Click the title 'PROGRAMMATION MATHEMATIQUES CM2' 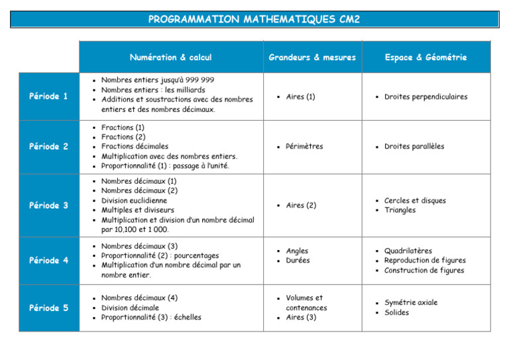click(x=254, y=19)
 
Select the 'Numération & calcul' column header click(x=171, y=58)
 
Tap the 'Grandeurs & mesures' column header click(x=312, y=58)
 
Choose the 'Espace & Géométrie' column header click(x=425, y=58)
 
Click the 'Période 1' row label click(x=48, y=96)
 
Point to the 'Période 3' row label click(x=48, y=206)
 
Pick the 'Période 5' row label click(x=48, y=308)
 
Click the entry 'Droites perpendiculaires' click(x=425, y=97)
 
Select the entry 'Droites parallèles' click(x=414, y=147)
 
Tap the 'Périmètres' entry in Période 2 click(x=304, y=147)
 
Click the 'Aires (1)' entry click(x=300, y=97)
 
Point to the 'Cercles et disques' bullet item click(x=415, y=201)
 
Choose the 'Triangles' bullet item click(x=400, y=210)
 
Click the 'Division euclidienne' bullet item click(x=134, y=200)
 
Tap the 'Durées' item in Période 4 click(x=298, y=261)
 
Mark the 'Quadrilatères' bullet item click(x=408, y=251)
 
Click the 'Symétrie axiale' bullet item click(x=411, y=303)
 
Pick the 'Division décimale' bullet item click(x=130, y=308)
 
